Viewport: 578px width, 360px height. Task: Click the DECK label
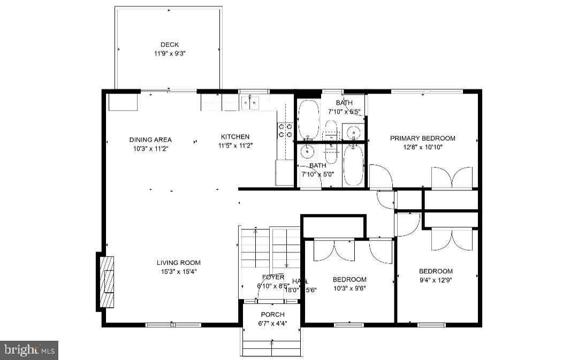coord(169,45)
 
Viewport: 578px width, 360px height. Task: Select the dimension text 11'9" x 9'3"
coord(169,53)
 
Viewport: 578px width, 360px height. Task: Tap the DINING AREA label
coord(150,140)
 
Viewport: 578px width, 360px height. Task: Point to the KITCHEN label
coord(235,137)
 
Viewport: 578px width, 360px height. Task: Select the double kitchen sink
coord(250,102)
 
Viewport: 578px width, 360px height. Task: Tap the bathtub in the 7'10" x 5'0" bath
coord(353,165)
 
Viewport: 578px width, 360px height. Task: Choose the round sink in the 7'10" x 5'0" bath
coord(308,152)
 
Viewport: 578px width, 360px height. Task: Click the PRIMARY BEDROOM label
coord(422,139)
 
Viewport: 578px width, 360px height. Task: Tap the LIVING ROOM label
coord(179,263)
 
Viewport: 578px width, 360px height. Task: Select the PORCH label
coord(272,315)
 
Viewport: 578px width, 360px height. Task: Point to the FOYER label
coord(273,277)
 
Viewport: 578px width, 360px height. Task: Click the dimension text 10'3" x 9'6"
coord(349,288)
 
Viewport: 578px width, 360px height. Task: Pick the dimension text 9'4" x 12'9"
coord(436,280)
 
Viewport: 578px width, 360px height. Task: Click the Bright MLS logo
coord(29,350)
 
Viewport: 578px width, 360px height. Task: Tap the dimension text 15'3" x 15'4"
coord(179,271)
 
